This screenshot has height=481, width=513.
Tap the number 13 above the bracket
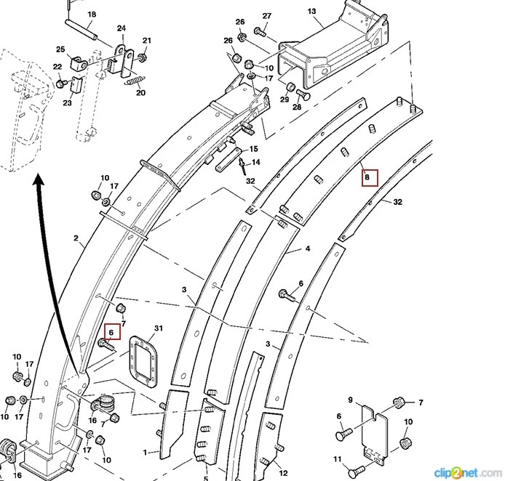tap(311, 12)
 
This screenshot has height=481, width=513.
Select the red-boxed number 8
tap(369, 177)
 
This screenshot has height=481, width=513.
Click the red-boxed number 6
tap(111, 332)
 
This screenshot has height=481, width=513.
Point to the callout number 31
tap(159, 328)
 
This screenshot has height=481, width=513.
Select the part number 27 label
tap(267, 16)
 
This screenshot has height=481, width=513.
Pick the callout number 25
tap(60, 49)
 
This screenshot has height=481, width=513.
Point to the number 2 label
tap(75, 238)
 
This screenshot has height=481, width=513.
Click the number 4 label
tap(308, 249)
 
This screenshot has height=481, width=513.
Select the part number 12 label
tap(283, 472)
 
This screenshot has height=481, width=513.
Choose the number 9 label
tap(350, 400)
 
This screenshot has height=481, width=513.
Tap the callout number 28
tap(297, 108)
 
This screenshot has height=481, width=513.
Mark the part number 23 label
tap(67, 102)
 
